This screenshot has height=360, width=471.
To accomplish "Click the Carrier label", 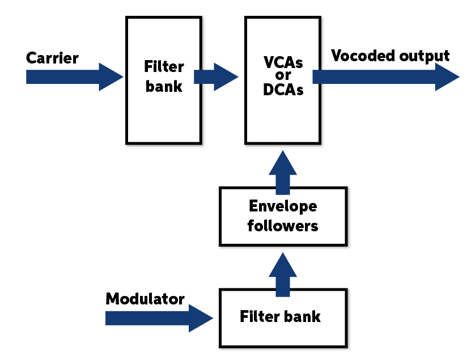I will click(x=52, y=58).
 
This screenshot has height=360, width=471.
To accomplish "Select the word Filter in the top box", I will click(x=164, y=67).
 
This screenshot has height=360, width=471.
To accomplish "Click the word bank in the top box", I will click(x=164, y=86).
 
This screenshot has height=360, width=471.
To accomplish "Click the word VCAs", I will click(x=283, y=63).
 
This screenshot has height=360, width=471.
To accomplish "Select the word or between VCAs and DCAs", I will click(x=283, y=76).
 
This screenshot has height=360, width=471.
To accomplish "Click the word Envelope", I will click(x=282, y=206).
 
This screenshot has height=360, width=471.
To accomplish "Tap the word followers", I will click(x=282, y=226).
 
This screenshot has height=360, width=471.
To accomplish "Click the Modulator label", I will click(x=145, y=299).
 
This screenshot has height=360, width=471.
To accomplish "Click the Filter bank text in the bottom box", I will click(x=280, y=316).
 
